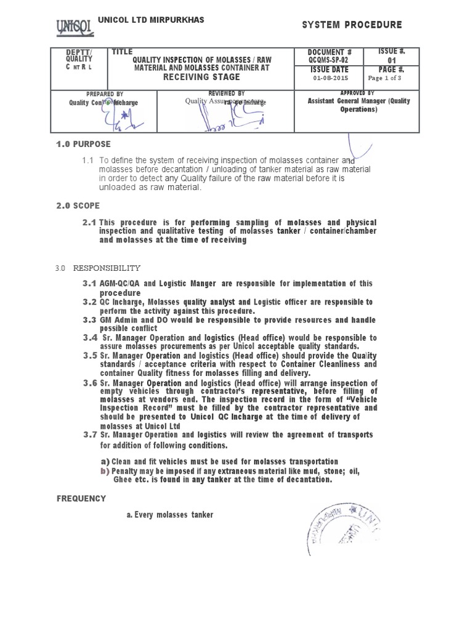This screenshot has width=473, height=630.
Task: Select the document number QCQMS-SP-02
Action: (x=323, y=60)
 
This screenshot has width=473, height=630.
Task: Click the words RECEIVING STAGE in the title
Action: (x=201, y=78)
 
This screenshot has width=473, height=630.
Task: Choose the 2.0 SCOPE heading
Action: (x=78, y=205)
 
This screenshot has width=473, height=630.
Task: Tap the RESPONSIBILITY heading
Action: (x=107, y=268)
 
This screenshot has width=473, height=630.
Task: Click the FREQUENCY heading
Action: (x=81, y=498)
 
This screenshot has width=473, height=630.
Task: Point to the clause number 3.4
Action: (x=91, y=338)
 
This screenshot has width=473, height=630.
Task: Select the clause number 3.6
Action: (x=91, y=383)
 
